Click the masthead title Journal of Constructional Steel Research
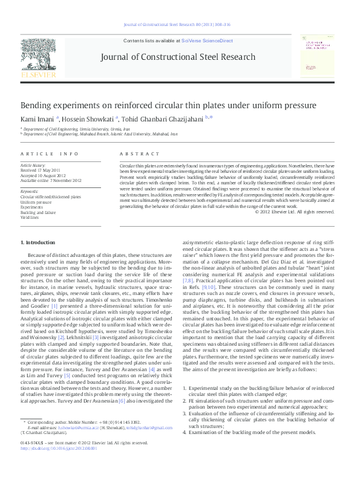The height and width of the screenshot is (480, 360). pos(180,56)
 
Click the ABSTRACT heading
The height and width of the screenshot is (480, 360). pos(135,154)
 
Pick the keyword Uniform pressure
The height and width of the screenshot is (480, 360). pos(36,202)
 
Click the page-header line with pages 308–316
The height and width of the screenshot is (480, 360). pos(180,26)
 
